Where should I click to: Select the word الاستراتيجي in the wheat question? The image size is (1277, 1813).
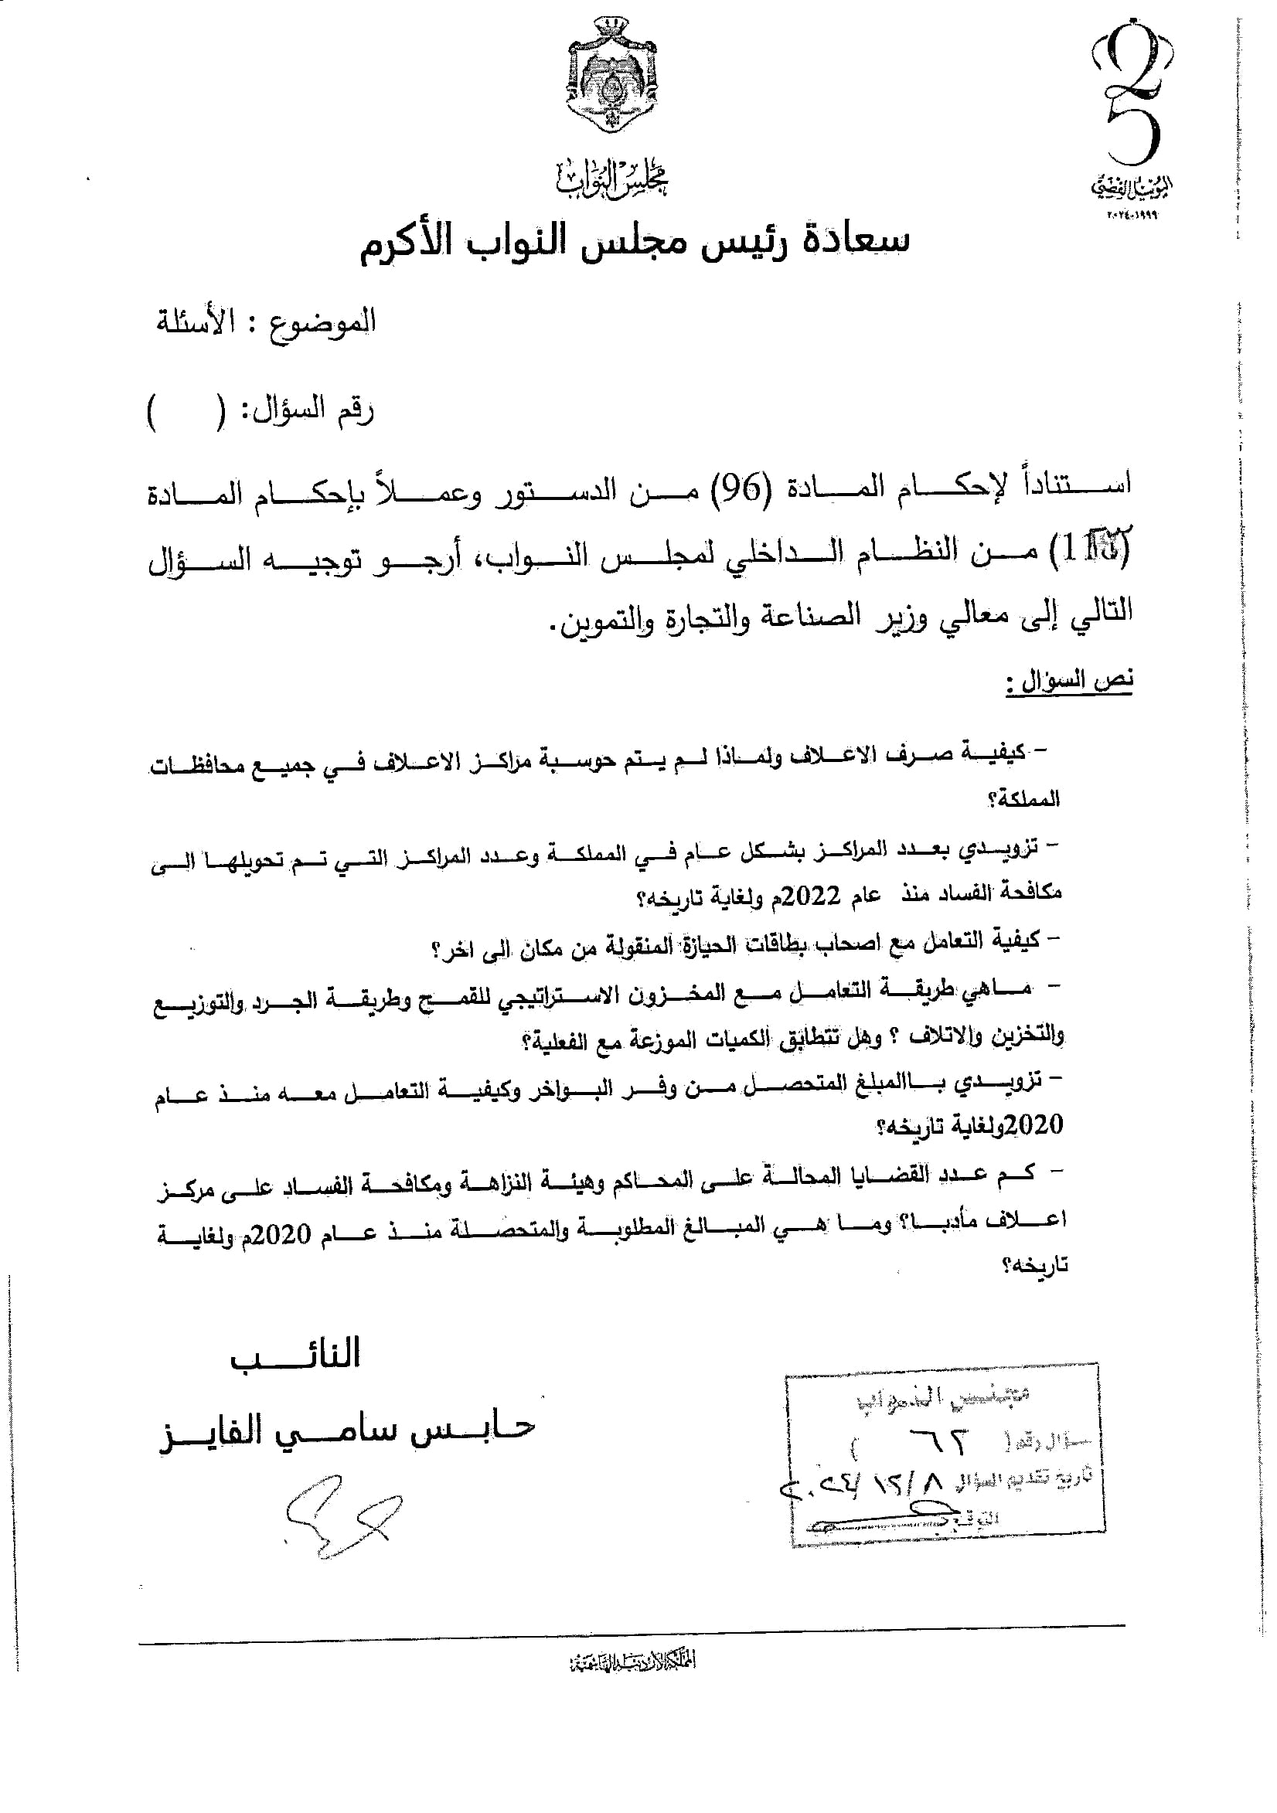pos(594,998)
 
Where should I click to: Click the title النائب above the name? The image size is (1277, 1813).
pos(295,1354)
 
